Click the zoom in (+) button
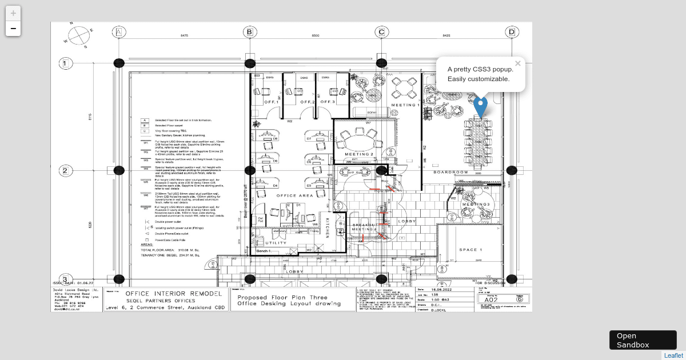(x=13, y=13)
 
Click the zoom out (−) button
(x=13, y=29)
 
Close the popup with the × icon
(x=518, y=63)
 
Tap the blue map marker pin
(x=481, y=107)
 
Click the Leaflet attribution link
(x=673, y=355)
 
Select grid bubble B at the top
(x=249, y=32)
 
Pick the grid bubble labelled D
(x=512, y=32)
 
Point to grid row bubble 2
(x=65, y=170)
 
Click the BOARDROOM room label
(x=451, y=172)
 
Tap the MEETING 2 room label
(x=359, y=154)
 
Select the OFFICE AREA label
(x=295, y=196)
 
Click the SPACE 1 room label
(x=471, y=250)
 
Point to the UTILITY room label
(x=277, y=243)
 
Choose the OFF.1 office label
(x=271, y=102)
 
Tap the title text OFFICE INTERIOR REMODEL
(x=174, y=293)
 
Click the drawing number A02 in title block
(x=491, y=299)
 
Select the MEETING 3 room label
(x=476, y=204)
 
